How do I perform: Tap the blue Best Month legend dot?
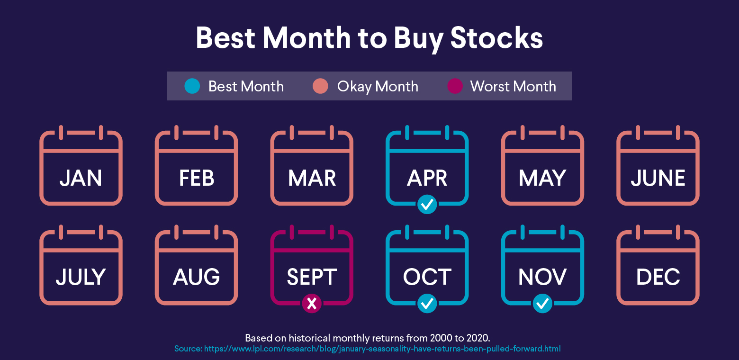[192, 86]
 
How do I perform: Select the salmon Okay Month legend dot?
[321, 86]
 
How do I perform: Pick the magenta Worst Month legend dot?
[455, 86]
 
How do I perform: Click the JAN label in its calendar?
[81, 178]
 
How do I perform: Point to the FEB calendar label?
[197, 178]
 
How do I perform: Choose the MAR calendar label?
[312, 178]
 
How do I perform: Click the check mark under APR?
[427, 205]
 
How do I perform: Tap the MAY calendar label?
[542, 178]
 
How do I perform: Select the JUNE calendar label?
[658, 178]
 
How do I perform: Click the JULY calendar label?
[81, 277]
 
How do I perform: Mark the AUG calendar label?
[197, 277]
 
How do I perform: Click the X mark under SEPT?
[312, 304]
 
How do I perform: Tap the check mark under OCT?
[427, 304]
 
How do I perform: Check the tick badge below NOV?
[542, 304]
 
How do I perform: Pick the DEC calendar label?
[658, 277]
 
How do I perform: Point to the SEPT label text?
[312, 277]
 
